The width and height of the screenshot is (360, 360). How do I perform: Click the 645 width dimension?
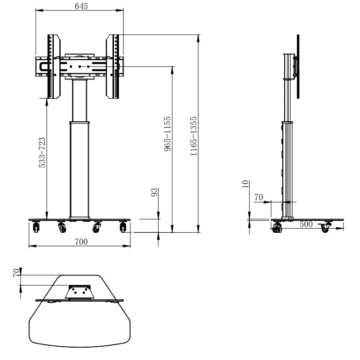81,6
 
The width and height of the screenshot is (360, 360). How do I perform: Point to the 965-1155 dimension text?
168,134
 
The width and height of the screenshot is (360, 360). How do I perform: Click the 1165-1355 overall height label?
194,136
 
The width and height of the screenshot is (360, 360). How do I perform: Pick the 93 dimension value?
155,192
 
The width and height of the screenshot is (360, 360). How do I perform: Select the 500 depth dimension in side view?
306,224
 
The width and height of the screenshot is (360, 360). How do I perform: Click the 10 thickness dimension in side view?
245,184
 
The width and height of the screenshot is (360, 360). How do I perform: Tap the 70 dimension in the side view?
259,197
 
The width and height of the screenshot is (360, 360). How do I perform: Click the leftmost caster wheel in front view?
35,227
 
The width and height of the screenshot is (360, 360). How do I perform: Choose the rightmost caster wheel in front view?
123,227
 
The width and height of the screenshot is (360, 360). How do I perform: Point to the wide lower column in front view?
79,170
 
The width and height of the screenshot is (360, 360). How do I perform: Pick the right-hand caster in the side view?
325,227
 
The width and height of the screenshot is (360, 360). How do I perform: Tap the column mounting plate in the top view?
79,291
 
